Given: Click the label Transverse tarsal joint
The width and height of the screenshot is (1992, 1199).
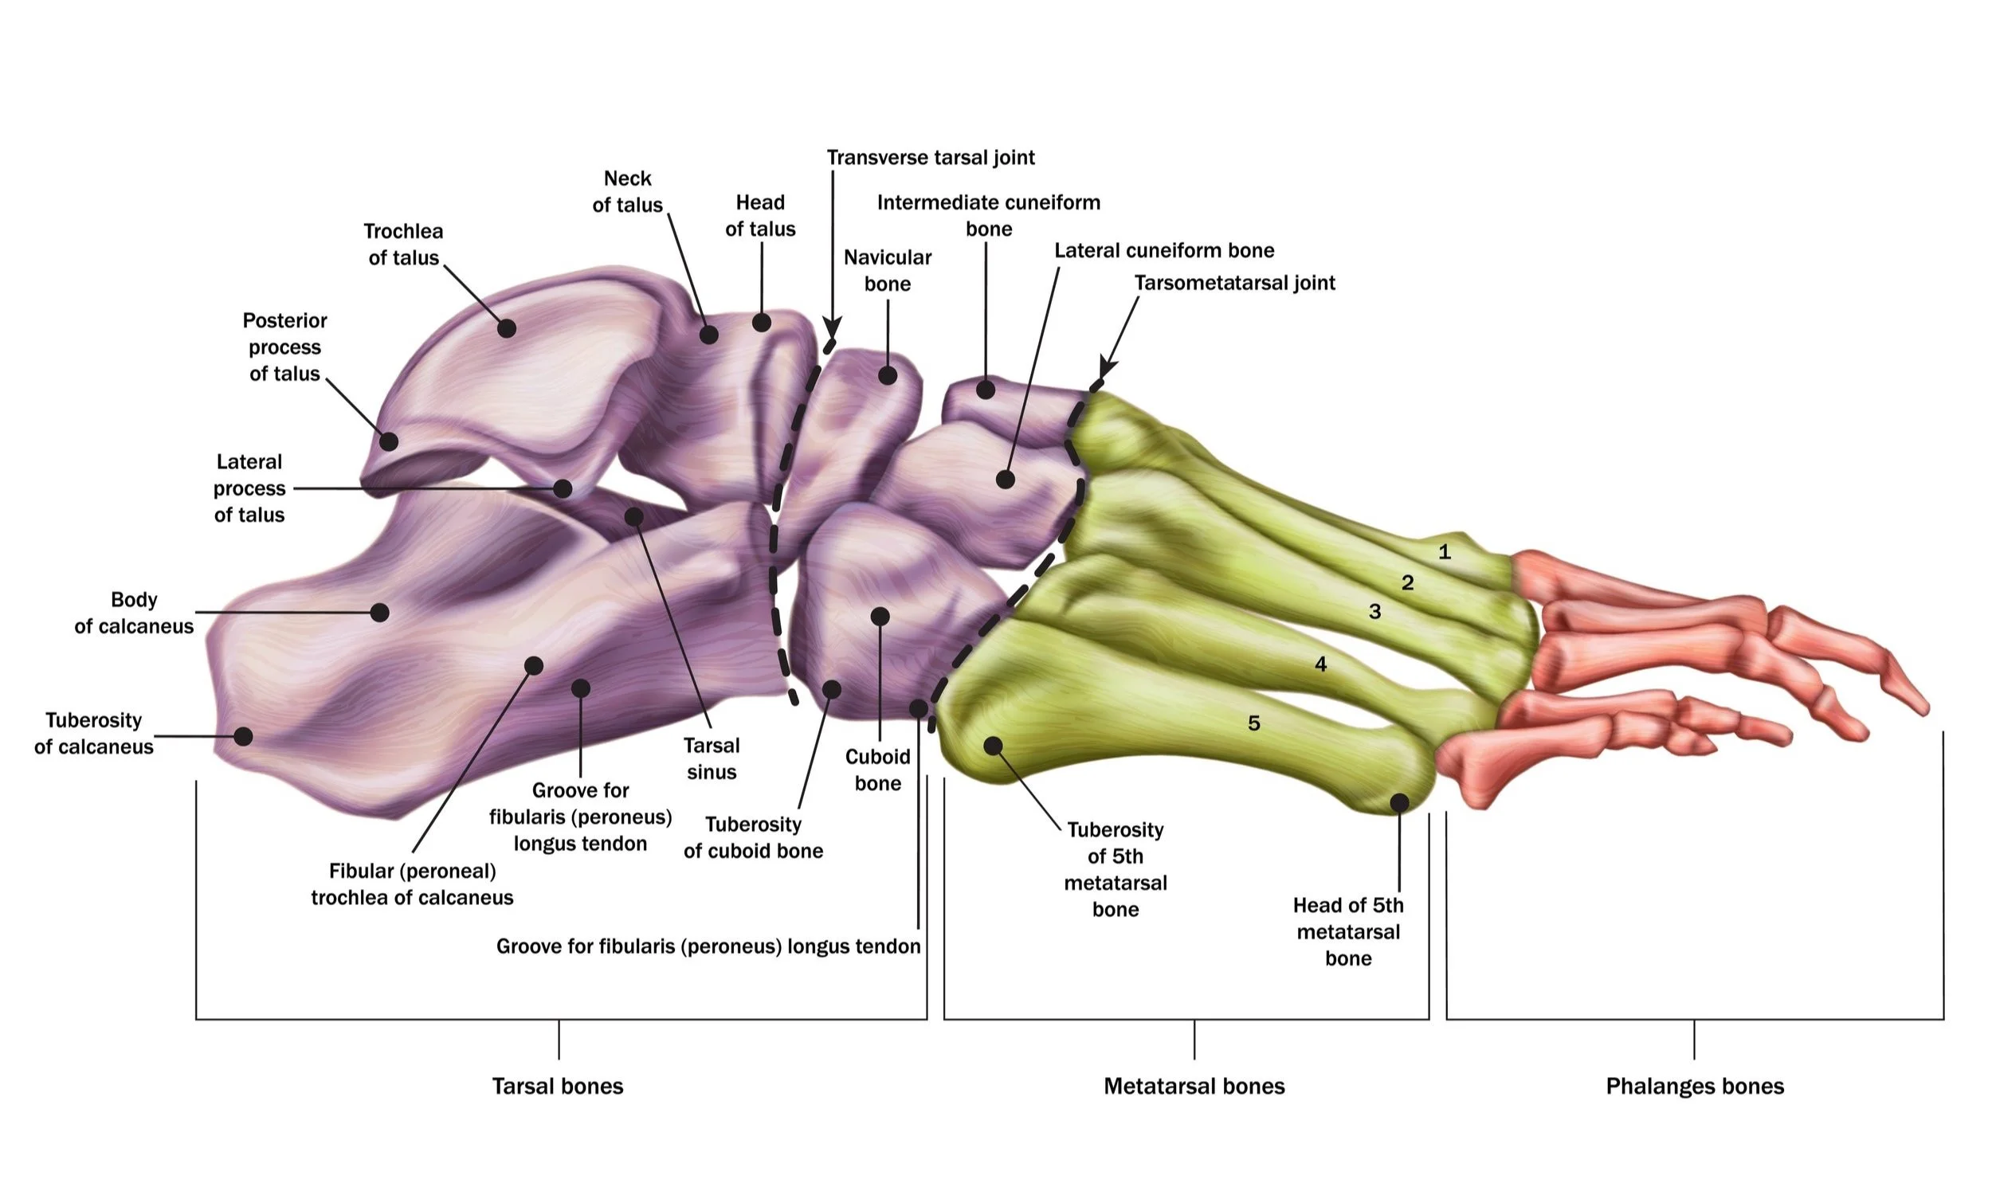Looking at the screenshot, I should click(930, 157).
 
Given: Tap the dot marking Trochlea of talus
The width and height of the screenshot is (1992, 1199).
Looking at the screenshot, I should click(507, 328).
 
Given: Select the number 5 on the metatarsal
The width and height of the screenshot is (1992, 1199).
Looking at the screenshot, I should click(1253, 723).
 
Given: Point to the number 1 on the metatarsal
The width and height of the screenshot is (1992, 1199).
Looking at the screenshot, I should click(1444, 553).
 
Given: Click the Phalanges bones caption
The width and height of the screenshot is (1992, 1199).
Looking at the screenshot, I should click(1694, 1086).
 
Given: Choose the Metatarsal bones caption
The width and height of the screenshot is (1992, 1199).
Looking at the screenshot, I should click(1194, 1086).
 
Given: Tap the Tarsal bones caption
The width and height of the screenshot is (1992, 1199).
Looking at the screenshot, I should click(558, 1086).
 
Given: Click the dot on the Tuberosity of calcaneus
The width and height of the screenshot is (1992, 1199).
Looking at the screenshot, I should click(243, 736).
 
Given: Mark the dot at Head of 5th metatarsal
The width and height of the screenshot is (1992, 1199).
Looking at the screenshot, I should click(1400, 802).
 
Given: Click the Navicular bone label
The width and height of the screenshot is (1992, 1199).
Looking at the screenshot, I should click(888, 270).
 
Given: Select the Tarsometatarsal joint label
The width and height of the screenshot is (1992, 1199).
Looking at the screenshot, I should click(1234, 283).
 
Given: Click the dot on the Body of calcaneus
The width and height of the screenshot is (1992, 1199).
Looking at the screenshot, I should click(380, 613).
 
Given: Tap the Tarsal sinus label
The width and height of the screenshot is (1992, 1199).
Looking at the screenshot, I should click(711, 758).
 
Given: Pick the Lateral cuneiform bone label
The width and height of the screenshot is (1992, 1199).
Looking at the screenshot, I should click(1163, 250).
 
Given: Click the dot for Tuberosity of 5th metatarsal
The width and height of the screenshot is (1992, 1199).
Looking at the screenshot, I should click(993, 746).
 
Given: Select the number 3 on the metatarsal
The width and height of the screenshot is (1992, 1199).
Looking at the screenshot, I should click(1374, 612).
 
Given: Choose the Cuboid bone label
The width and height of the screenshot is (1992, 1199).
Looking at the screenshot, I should click(877, 769).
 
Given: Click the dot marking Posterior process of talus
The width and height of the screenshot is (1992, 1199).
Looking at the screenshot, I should click(389, 442).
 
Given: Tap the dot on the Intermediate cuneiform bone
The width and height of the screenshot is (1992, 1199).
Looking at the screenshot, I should click(985, 390).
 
